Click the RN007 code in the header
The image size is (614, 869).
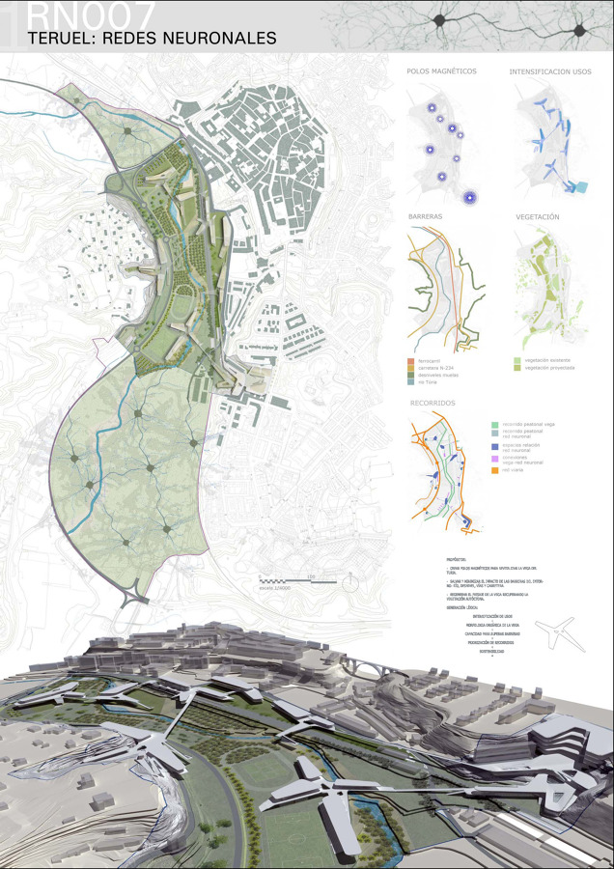coord(92,14)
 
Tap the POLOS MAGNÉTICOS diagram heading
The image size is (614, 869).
coord(443,71)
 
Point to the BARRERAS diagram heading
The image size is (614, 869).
coord(426,217)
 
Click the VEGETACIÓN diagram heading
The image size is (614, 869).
coord(538,217)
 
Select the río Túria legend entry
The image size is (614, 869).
coord(431,381)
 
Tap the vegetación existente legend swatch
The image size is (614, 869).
coord(518,359)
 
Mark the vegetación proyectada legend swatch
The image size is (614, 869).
coord(518,367)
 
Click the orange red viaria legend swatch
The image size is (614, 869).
coord(494,471)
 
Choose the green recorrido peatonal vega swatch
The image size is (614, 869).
coord(494,424)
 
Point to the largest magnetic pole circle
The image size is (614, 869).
coord(470,198)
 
